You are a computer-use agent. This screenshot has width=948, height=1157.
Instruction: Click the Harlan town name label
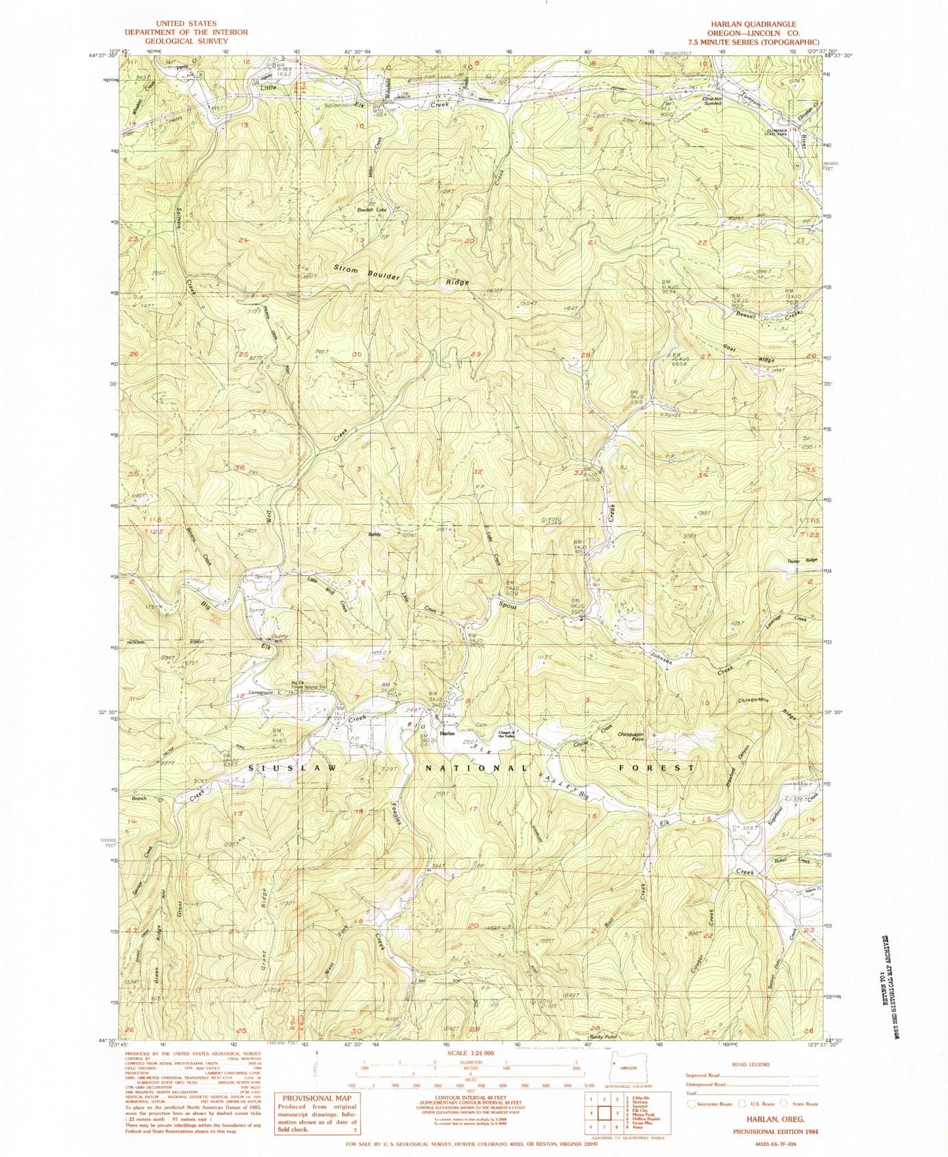448,733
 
